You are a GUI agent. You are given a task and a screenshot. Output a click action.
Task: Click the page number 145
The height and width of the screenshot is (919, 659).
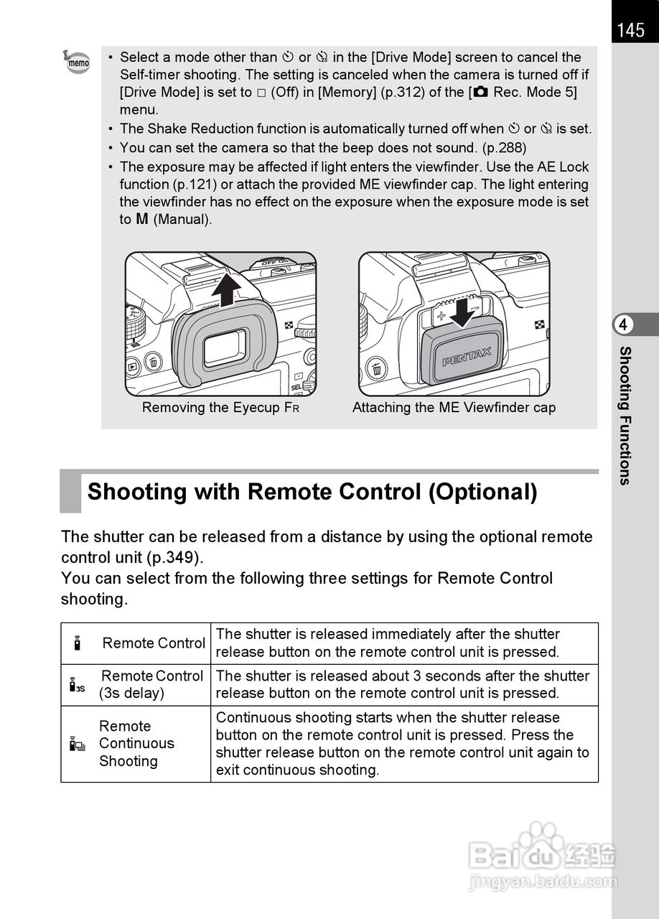[630, 30]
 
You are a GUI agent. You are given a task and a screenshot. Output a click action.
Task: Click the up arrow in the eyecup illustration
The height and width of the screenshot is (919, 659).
[228, 288]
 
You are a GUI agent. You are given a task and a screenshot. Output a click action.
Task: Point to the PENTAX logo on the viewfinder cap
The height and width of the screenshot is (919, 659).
[467, 356]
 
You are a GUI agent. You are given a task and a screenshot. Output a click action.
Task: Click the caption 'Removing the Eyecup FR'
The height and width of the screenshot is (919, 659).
[220, 408]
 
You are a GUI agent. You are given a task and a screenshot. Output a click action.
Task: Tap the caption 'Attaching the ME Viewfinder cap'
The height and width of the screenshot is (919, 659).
[454, 408]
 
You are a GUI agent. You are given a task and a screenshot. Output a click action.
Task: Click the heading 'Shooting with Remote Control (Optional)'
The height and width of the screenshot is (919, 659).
[312, 493]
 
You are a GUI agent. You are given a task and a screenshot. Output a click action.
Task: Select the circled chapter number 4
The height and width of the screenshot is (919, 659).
[623, 325]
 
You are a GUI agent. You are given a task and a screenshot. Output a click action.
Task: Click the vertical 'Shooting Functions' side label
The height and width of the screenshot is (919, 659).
[625, 415]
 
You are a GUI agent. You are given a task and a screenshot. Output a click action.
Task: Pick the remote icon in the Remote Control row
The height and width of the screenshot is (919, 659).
[77, 643]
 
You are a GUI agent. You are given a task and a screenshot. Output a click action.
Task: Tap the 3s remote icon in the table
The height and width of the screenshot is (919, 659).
[77, 686]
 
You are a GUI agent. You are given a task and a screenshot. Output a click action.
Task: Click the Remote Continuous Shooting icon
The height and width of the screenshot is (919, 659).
[77, 744]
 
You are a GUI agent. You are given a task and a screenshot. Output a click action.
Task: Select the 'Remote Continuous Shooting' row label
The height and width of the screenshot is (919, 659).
[136, 744]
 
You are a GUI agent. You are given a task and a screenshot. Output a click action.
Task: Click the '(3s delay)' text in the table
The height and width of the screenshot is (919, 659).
[131, 694]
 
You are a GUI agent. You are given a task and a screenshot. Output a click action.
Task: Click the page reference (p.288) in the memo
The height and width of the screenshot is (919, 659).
[503, 148]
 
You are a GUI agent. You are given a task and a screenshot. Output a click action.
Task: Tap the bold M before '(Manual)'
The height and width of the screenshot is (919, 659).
[142, 219]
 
